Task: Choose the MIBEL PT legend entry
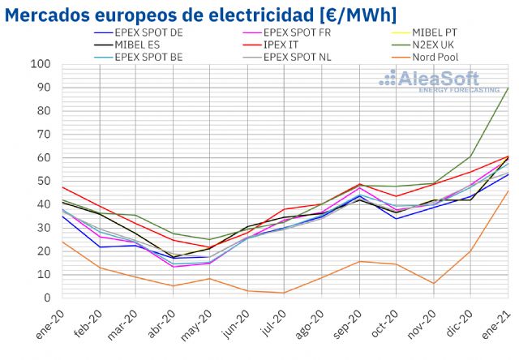click(450, 32)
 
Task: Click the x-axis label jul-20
click(277, 319)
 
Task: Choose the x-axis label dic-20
click(469, 319)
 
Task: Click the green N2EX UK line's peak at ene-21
click(508, 88)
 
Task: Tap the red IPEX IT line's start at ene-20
click(62, 187)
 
